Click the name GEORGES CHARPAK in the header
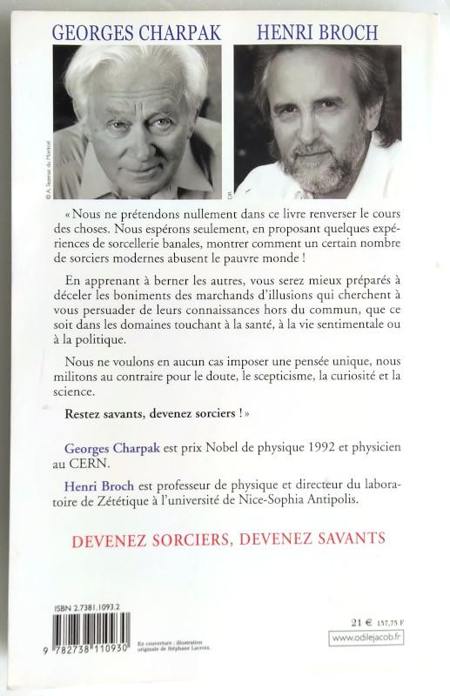[x=137, y=33]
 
